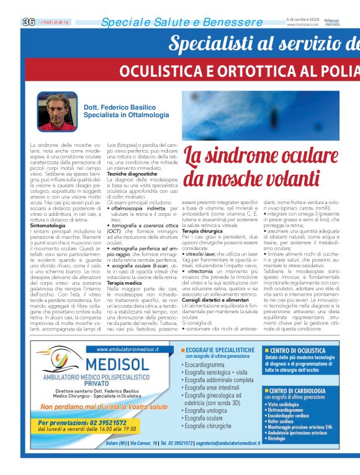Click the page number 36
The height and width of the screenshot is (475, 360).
pyautogui.click(x=28, y=22)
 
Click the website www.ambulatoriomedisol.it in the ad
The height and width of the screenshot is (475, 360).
pyautogui.click(x=123, y=350)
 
